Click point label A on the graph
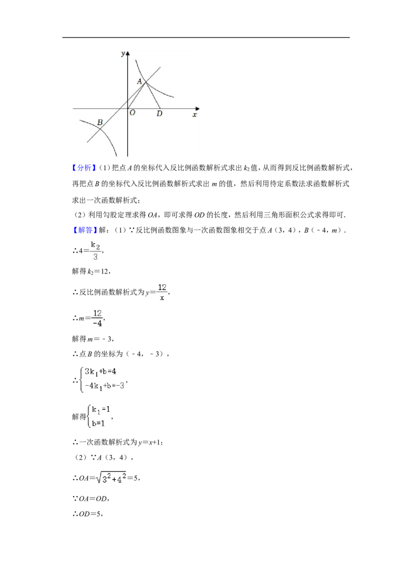140,81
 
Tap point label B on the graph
100,122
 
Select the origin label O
132,113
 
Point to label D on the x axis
159,114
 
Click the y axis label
123,54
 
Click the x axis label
195,115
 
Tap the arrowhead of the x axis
197,109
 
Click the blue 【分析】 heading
82,168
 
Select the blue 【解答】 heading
82,230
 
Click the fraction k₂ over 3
96,251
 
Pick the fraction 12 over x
162,292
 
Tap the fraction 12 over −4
97,318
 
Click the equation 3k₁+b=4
100,372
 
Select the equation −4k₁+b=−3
105,386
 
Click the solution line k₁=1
101,410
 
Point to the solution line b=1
98,423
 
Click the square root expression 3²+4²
111,478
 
